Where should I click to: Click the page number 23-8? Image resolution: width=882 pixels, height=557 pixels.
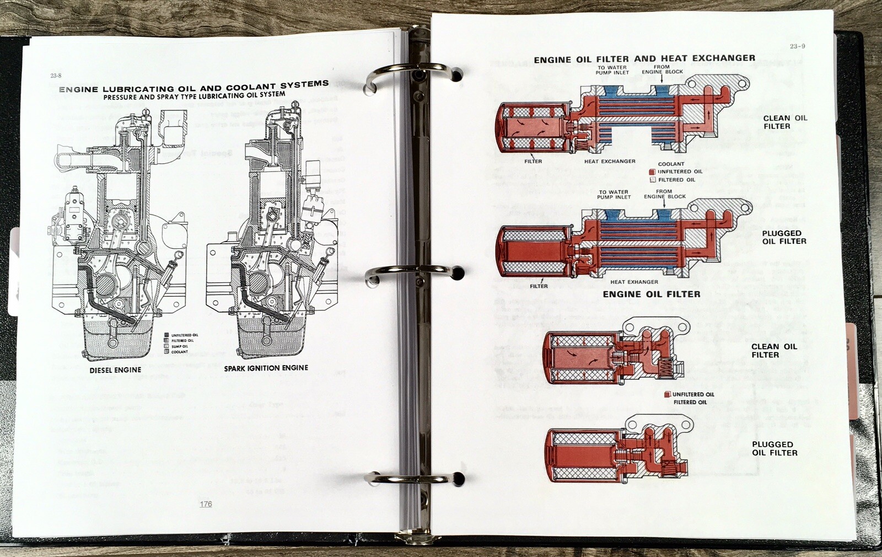(x=56, y=76)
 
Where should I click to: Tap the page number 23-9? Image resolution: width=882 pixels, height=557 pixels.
(x=797, y=46)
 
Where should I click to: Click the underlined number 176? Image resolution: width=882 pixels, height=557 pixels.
(x=206, y=504)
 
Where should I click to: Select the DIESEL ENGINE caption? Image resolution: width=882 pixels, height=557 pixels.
(x=115, y=370)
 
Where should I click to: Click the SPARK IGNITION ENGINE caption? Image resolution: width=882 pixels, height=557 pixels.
(x=266, y=368)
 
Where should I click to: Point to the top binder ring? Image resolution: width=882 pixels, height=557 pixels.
(x=414, y=74)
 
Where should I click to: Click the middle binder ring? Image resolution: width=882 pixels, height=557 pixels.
(x=414, y=272)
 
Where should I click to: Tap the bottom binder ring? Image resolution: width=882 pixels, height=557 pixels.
(x=414, y=478)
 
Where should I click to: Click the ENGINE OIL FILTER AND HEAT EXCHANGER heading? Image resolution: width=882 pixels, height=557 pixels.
(x=644, y=58)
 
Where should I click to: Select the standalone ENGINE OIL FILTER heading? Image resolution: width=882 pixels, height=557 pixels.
(x=651, y=294)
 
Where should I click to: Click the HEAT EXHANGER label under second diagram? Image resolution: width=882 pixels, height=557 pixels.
(x=634, y=282)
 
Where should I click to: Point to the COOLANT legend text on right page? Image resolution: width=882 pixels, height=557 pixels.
(x=671, y=164)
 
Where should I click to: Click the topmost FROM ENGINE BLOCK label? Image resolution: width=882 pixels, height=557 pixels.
(x=662, y=69)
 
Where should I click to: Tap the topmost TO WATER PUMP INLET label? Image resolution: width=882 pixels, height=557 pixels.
(x=612, y=70)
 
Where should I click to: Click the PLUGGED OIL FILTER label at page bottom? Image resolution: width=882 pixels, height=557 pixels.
(x=775, y=448)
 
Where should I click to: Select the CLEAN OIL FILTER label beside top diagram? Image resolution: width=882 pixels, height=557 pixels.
(x=784, y=122)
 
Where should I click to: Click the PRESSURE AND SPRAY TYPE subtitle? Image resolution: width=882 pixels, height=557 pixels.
(x=194, y=96)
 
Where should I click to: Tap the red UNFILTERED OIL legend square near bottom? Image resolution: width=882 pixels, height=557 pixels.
(x=667, y=394)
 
